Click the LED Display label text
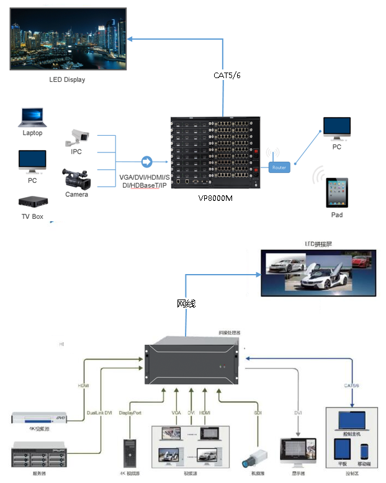click(x=67, y=79)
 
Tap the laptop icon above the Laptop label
click(x=32, y=118)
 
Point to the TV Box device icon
click(x=32, y=203)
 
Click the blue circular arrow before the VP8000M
click(x=147, y=162)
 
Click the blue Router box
click(x=279, y=167)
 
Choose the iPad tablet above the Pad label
click(x=337, y=193)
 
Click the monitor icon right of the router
click(x=336, y=129)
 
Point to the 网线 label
click(x=186, y=304)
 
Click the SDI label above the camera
click(x=257, y=412)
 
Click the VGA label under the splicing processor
click(x=176, y=412)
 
